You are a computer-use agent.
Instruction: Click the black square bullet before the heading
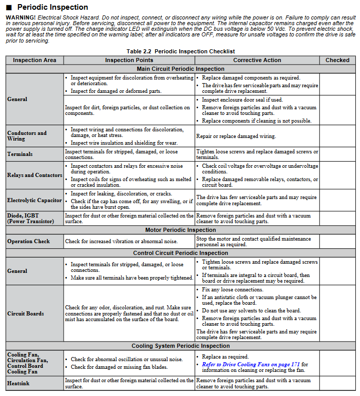coord(9,8)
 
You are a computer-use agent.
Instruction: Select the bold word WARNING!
coord(21,17)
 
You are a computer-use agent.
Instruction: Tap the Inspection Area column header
coord(34,60)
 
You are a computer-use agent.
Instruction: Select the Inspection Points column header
coord(129,60)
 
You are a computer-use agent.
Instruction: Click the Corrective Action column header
coord(257,60)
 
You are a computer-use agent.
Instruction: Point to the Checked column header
coord(337,60)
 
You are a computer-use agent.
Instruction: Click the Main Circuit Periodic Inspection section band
coord(180,69)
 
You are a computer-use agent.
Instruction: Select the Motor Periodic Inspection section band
coord(180,230)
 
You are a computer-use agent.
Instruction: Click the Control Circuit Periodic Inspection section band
coord(180,253)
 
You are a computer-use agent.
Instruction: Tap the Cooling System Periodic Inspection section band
coord(180,346)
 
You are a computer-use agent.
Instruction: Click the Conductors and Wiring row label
coord(27,136)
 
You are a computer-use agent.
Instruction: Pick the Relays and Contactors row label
coord(35,175)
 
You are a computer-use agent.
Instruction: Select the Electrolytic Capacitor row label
coord(34,200)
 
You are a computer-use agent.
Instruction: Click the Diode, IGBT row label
coord(30,219)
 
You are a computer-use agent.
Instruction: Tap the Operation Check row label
coord(28,241)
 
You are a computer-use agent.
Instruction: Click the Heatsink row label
coord(18,383)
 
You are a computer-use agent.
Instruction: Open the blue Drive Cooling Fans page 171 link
coord(251,364)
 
